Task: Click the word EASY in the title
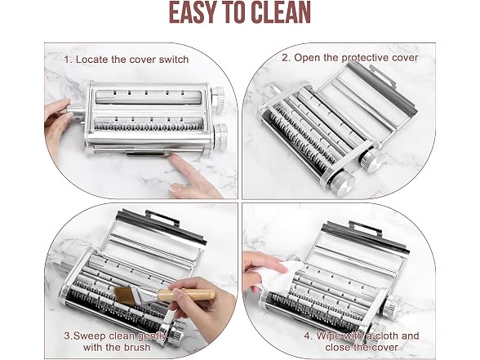(x=192, y=12)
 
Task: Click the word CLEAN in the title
(x=282, y=12)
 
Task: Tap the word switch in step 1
(x=174, y=60)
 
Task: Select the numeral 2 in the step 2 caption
(x=286, y=57)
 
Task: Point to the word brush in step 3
(x=137, y=347)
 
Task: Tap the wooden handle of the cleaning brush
(x=186, y=295)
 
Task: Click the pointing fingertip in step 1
(x=175, y=158)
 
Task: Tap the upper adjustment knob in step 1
(x=218, y=100)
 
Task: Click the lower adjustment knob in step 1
(x=220, y=137)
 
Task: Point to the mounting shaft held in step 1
(x=77, y=113)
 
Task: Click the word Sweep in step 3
(x=90, y=336)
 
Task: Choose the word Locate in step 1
(x=92, y=60)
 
